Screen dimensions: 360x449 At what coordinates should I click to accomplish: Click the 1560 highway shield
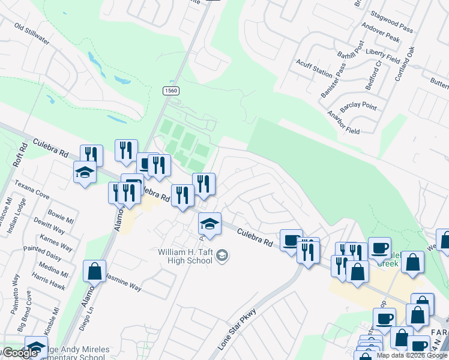coord(171,91)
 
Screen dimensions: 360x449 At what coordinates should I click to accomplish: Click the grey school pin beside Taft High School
coord(222,256)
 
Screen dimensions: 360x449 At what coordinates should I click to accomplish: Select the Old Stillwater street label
coord(32,34)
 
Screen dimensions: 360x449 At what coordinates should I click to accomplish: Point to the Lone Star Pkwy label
coord(237,329)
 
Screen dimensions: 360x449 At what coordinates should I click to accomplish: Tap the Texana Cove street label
coord(32,190)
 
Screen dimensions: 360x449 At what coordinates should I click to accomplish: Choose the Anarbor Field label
coord(343,122)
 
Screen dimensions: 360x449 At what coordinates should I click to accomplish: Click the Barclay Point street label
coord(358,107)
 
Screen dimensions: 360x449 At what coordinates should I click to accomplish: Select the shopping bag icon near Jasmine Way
coord(95,271)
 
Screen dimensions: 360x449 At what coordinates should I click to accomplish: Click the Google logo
coord(19,353)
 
